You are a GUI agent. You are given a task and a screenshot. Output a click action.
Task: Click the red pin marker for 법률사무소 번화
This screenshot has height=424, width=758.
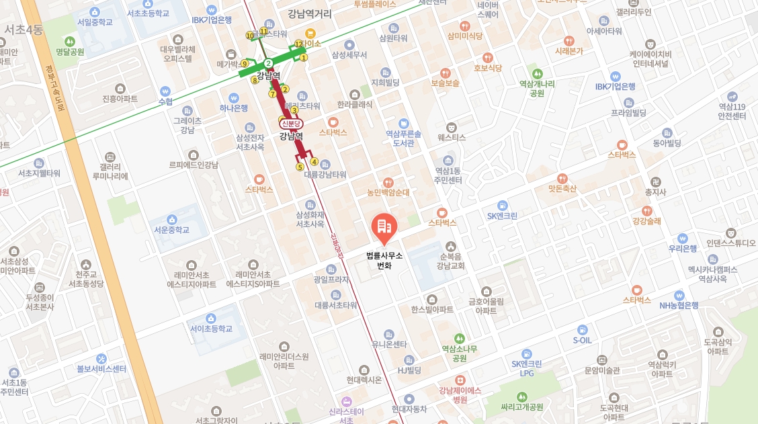[x=384, y=228]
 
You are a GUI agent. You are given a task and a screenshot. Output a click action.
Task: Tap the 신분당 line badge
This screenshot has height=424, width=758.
[x=292, y=124]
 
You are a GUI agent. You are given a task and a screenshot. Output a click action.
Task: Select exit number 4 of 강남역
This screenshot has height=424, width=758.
[x=314, y=161]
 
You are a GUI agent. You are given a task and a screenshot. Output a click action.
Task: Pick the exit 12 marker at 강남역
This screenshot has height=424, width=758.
[x=298, y=44]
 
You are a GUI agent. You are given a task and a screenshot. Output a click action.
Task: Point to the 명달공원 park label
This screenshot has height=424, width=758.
[x=70, y=52]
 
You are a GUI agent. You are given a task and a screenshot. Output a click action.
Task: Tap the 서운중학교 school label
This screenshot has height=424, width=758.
[x=171, y=230]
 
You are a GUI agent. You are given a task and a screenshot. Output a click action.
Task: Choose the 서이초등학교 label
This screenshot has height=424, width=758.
[x=211, y=329]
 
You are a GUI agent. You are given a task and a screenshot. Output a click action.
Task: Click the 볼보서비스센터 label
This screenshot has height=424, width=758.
[x=101, y=368]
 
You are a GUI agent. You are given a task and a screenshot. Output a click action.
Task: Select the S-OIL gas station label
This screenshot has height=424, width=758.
[x=582, y=341]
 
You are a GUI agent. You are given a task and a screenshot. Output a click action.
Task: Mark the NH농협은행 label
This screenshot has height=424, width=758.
[x=679, y=305]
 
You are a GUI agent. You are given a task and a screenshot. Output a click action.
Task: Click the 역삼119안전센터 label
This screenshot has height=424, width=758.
[x=732, y=111]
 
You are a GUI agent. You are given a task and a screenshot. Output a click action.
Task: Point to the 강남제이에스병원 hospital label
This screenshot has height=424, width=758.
[x=460, y=394]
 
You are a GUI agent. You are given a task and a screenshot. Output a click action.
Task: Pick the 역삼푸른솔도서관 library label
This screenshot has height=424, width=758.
[x=403, y=138]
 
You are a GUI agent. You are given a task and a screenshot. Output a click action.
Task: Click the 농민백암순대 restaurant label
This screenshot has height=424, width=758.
[x=388, y=192]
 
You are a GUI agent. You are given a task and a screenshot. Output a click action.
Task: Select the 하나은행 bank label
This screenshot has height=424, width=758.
[x=234, y=108]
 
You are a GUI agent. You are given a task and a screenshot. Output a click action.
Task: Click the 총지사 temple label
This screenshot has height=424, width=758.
[x=655, y=192]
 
